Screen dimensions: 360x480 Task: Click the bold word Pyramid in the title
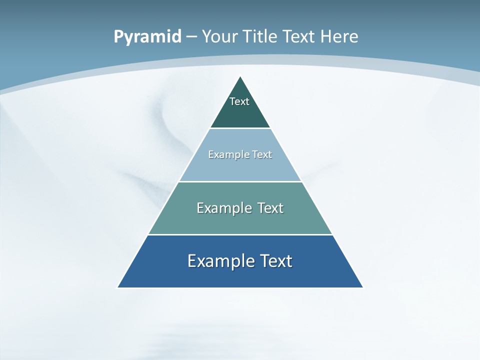click(147, 37)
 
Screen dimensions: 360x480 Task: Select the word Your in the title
click(219, 37)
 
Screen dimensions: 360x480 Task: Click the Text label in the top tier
click(239, 101)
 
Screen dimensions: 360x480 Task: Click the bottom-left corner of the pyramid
click(118, 287)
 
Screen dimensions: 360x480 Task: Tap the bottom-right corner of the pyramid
click(362, 287)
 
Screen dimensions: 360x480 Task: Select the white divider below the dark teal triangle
click(240, 128)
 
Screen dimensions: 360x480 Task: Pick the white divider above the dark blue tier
click(240, 234)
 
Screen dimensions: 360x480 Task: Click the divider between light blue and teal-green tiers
click(240, 181)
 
